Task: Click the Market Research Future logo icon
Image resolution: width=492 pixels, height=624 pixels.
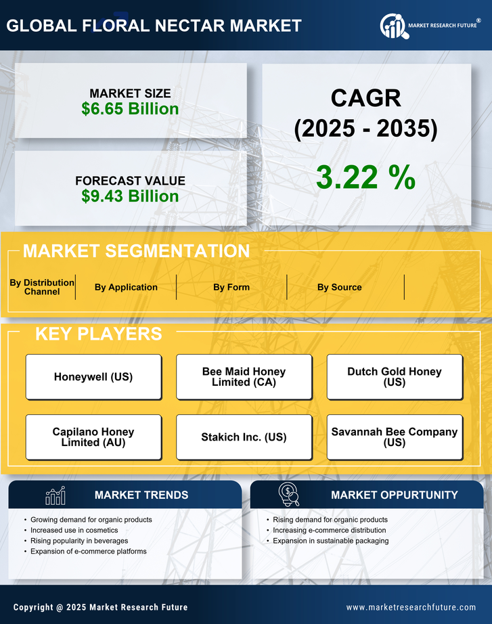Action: click(x=393, y=26)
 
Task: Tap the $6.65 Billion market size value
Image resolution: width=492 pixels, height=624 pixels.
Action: click(x=130, y=109)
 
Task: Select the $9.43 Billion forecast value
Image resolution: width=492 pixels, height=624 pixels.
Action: click(x=130, y=196)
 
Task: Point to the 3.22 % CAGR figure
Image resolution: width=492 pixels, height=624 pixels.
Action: click(x=365, y=177)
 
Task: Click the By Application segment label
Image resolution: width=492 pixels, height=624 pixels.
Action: click(x=126, y=287)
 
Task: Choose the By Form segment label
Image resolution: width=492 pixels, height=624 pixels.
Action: click(x=231, y=287)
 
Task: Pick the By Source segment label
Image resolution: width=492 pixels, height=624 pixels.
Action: click(x=339, y=287)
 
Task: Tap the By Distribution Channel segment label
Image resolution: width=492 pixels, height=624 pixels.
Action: click(x=42, y=287)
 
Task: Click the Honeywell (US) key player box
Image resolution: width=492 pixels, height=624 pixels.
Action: click(x=93, y=377)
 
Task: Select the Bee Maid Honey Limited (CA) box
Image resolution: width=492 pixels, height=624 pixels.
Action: click(x=244, y=377)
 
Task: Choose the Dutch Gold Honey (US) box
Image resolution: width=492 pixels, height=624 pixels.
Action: click(x=395, y=377)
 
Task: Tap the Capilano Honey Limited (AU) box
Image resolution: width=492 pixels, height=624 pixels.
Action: click(x=93, y=437)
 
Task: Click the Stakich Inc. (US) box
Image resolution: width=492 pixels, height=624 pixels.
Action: click(x=244, y=437)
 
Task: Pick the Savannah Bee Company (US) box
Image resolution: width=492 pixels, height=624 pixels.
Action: click(x=395, y=437)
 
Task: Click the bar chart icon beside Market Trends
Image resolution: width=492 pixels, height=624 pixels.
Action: click(x=55, y=495)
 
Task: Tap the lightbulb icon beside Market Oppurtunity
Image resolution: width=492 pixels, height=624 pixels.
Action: click(x=289, y=495)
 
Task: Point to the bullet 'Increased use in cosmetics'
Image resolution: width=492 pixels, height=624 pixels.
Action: click(x=74, y=531)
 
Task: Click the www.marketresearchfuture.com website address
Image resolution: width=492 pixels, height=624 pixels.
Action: click(x=411, y=607)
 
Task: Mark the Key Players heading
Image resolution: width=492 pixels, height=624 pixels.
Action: click(x=98, y=334)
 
